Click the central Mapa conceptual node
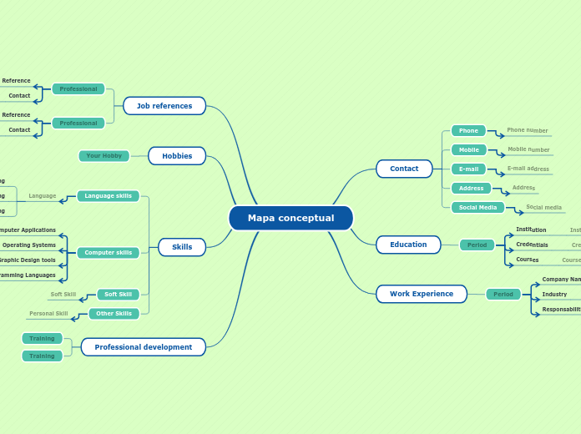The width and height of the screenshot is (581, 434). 290,218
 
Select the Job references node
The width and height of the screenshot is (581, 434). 164,106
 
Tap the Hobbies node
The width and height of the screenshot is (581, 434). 177,156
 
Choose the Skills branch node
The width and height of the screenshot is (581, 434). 182,247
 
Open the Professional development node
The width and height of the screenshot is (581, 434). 144,347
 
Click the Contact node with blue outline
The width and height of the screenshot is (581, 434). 404,169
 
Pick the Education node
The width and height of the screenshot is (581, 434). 408,245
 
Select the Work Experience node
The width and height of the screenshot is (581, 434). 422,294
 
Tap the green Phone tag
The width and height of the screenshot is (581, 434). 468,130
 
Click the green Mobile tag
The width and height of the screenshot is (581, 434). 468,150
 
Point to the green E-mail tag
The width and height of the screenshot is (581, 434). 468,169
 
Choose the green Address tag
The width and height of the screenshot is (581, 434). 471,188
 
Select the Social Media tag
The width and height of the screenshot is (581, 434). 477,207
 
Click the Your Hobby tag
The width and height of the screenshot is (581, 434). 104,156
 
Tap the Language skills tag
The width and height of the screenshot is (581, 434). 108,196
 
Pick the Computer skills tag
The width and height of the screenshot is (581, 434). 108,252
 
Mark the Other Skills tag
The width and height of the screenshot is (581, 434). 114,314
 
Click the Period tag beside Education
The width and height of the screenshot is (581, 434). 477,245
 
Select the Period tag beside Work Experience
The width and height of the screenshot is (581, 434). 503,294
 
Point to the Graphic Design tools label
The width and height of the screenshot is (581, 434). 28,260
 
